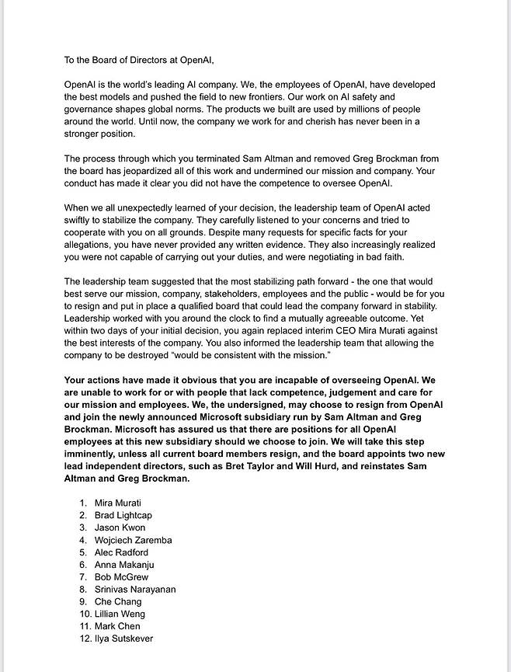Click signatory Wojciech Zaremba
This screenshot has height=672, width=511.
click(133, 540)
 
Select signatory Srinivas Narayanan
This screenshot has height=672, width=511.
click(135, 590)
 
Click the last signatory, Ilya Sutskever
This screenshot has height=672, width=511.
click(124, 639)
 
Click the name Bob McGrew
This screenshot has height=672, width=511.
click(121, 577)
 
